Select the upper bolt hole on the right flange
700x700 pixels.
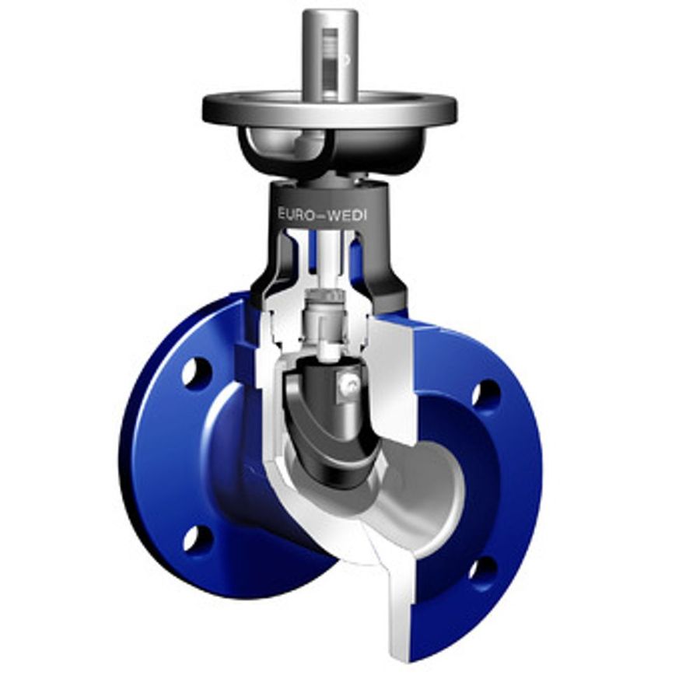point(487,393)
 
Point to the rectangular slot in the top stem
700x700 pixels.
point(331,62)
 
